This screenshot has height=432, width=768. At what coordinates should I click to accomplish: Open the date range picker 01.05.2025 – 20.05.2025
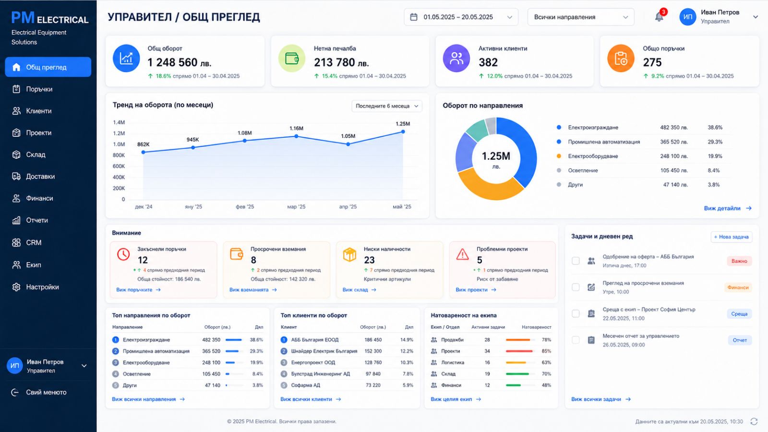tap(461, 17)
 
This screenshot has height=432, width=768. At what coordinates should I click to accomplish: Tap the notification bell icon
tap(659, 17)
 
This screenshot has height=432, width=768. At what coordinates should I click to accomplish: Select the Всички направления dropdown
tap(581, 17)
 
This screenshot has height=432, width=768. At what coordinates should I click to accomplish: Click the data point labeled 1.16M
tap(296, 136)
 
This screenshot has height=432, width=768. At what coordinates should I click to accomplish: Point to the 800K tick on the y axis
tap(119, 156)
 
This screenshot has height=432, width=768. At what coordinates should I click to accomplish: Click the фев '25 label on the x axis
tap(245, 207)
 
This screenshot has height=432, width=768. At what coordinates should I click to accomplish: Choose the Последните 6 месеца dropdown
tap(387, 106)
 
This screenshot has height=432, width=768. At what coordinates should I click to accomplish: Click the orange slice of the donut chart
tap(490, 188)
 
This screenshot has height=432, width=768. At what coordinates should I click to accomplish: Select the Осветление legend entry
tap(583, 170)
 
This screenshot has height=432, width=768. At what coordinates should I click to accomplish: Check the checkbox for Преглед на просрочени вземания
tap(576, 288)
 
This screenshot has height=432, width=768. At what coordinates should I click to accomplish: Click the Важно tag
tap(739, 261)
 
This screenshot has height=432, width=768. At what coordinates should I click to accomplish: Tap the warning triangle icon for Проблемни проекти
tap(463, 254)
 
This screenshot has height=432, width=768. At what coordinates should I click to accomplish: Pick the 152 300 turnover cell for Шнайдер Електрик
tap(373, 351)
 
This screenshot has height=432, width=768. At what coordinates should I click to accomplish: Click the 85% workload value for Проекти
tap(546, 351)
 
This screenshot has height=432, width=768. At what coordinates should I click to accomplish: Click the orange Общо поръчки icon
tap(621, 58)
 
